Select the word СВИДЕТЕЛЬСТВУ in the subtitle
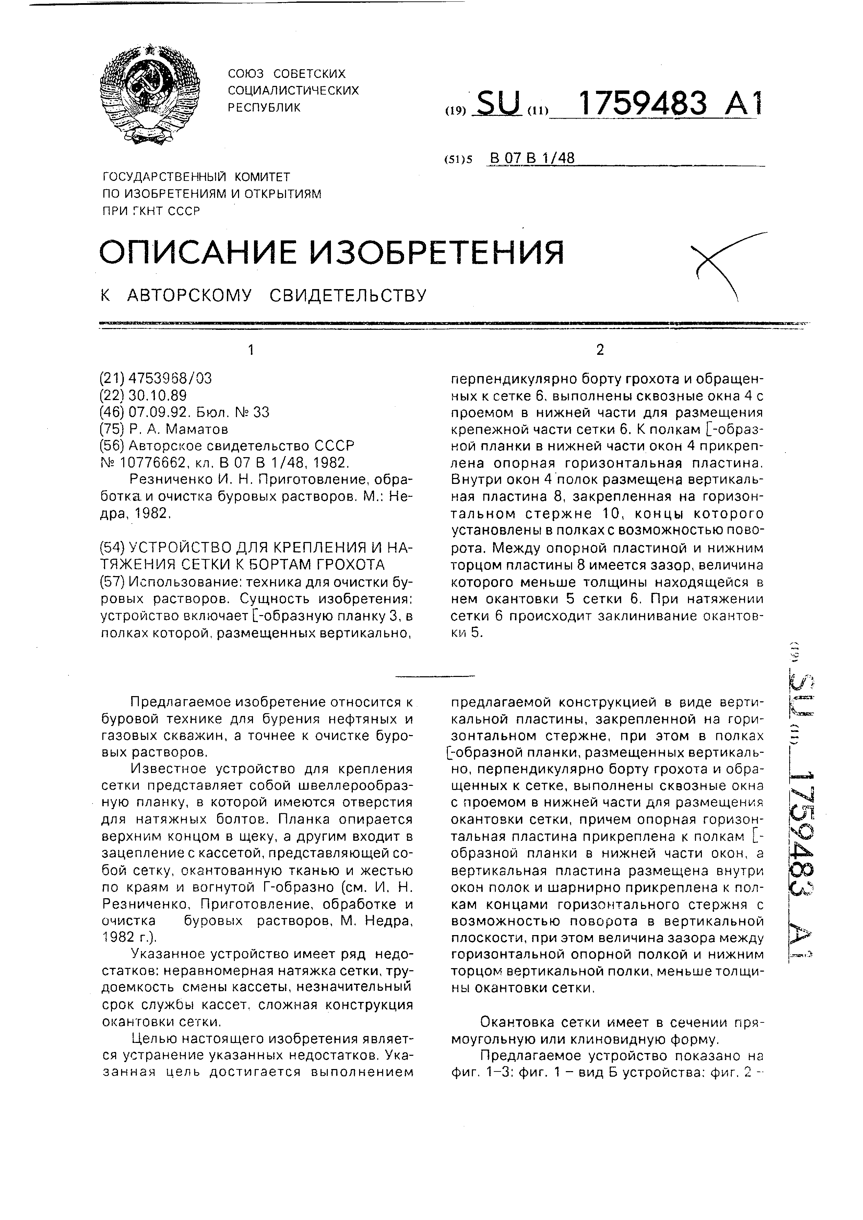(x=348, y=295)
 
